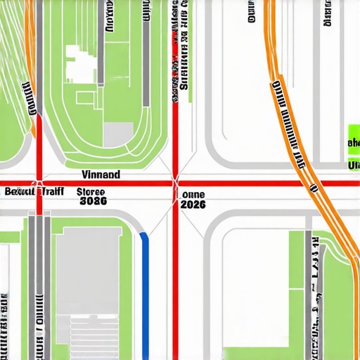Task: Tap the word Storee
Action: click(x=90, y=191)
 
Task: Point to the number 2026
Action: click(x=193, y=205)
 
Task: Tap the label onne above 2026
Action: click(x=193, y=195)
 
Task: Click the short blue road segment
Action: click(x=146, y=288)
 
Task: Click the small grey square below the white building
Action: click(x=117, y=134)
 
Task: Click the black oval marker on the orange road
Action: click(x=313, y=188)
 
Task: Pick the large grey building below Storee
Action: click(x=88, y=271)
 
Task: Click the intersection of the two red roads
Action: click(x=174, y=184)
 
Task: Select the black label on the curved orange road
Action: click(x=289, y=120)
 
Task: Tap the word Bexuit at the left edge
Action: click(x=19, y=191)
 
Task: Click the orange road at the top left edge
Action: click(x=28, y=28)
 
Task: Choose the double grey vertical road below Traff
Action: click(x=39, y=281)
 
